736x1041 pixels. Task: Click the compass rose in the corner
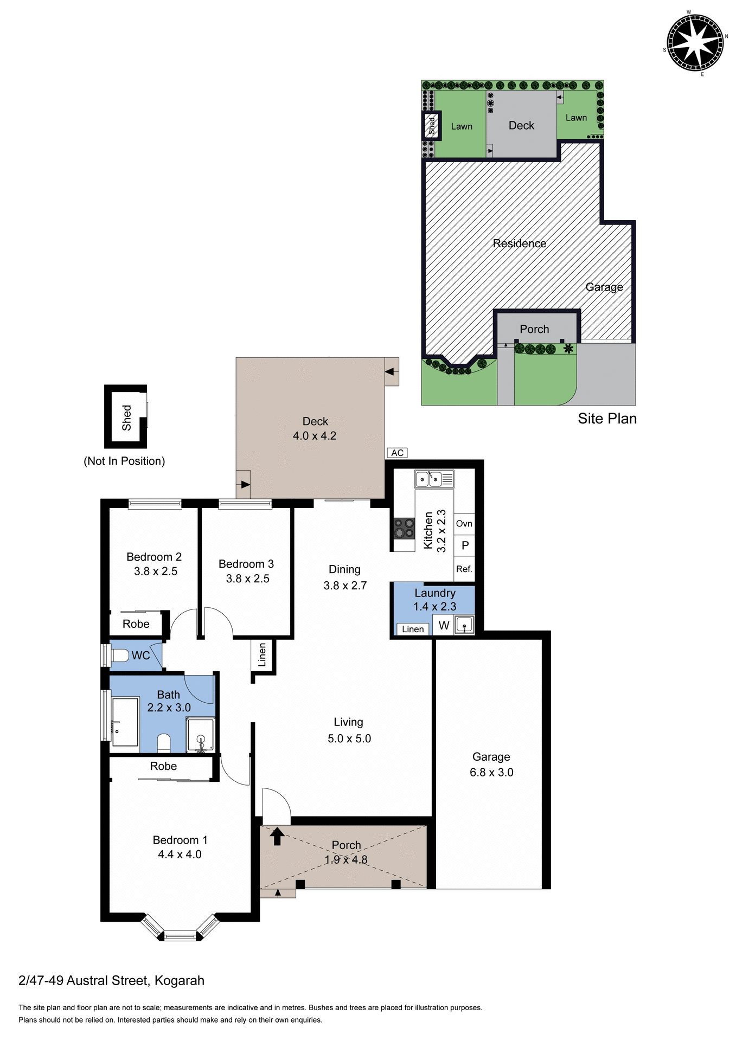tap(695, 43)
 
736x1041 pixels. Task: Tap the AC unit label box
tap(397, 453)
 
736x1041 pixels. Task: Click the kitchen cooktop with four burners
tap(404, 529)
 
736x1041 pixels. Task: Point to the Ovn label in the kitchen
tap(464, 524)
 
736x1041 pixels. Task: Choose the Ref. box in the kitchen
tap(464, 569)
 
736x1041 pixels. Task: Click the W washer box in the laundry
tap(444, 625)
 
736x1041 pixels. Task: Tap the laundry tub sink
tap(464, 625)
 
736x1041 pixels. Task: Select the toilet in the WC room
tap(120, 655)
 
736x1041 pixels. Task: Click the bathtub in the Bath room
tap(125, 722)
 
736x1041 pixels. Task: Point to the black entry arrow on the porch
tap(277, 836)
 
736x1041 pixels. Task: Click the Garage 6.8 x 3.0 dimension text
tap(491, 773)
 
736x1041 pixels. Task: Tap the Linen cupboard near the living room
tap(263, 655)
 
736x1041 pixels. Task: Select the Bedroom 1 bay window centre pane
tap(180, 935)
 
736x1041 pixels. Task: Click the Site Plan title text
tap(607, 419)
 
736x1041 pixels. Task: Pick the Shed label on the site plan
tap(432, 125)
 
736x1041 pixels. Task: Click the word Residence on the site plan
tap(519, 243)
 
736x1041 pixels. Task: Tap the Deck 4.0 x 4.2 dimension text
tap(315, 436)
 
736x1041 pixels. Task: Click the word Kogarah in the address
tap(180, 981)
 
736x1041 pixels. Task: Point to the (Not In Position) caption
tap(124, 461)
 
